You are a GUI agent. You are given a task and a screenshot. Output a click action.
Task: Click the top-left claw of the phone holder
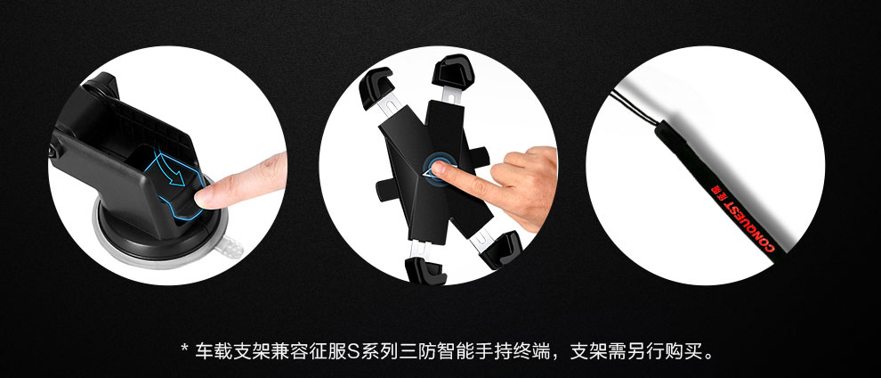[375, 86]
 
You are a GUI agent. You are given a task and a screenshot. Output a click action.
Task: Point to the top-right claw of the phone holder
[452, 71]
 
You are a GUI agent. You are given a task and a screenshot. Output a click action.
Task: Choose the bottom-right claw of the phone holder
[502, 250]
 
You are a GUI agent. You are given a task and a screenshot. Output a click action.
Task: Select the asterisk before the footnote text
[184, 349]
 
